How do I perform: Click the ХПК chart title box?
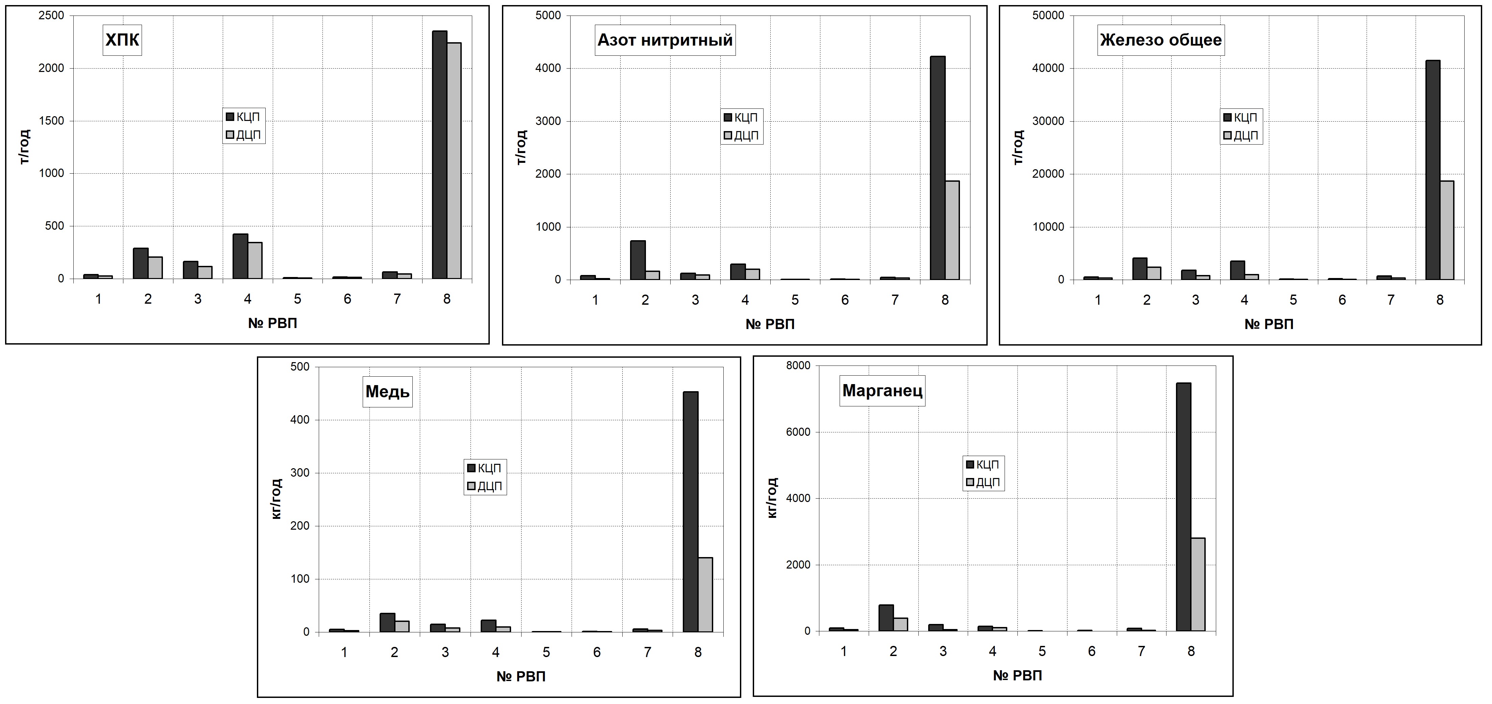tap(122, 40)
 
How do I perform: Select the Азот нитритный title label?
tap(665, 40)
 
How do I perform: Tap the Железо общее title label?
tap(1161, 40)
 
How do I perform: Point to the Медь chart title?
tap(387, 392)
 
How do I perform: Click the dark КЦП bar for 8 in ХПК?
tap(440, 155)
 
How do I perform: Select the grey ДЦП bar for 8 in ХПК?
tap(454, 160)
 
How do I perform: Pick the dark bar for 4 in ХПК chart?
tap(240, 256)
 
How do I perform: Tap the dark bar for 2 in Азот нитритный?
tap(638, 260)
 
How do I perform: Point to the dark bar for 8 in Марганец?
tap(1183, 507)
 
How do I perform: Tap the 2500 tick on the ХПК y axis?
tap(52, 16)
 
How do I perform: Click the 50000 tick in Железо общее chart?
tap(1048, 16)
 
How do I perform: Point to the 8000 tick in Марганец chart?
tap(798, 366)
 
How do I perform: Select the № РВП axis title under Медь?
tap(521, 676)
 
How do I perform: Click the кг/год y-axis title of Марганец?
tap(772, 498)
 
